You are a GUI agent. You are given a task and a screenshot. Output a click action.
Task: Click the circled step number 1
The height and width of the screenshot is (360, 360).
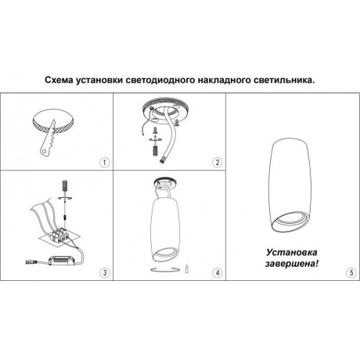(x=104, y=163)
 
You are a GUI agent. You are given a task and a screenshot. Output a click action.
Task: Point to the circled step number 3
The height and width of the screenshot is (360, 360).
(x=104, y=272)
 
